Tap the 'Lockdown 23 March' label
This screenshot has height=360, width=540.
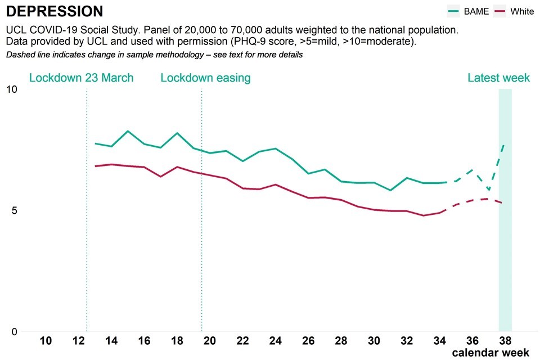[82, 78]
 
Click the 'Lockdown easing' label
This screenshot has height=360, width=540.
[205, 78]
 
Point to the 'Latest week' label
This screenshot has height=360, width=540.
[498, 78]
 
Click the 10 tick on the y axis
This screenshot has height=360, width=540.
[12, 89]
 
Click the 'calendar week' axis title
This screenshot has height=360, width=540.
[490, 353]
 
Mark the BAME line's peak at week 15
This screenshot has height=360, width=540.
[128, 131]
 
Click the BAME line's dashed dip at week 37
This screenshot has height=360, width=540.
[489, 190]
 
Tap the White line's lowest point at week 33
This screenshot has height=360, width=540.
[423, 215]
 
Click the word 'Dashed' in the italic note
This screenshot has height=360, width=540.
[20, 55]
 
